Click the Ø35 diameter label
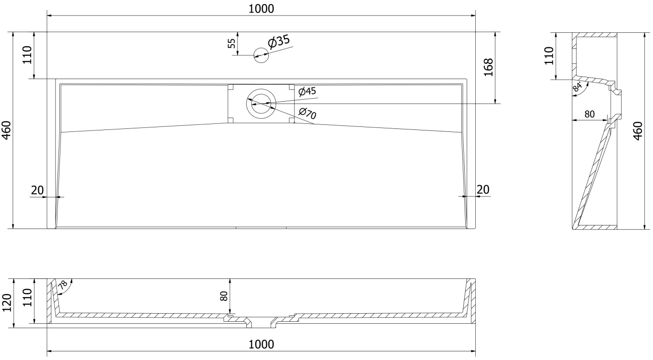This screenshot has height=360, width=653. (x=279, y=41)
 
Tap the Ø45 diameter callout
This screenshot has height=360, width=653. (x=307, y=91)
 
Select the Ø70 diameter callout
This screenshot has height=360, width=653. (x=308, y=113)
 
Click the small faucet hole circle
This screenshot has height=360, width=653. (x=261, y=55)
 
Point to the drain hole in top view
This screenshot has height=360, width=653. (x=261, y=104)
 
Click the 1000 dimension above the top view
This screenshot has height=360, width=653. (x=261, y=9)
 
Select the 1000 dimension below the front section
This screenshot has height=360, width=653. (x=261, y=344)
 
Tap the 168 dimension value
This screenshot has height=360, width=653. (x=488, y=67)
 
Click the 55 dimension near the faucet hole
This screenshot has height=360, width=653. (x=232, y=43)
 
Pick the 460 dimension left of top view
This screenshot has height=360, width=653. (x=7, y=130)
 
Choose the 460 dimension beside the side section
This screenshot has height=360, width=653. (x=638, y=131)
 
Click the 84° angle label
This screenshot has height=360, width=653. (x=577, y=87)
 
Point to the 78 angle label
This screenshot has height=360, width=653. (x=63, y=284)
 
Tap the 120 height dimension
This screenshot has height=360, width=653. (x=7, y=303)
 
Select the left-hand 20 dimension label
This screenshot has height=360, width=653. (x=37, y=190)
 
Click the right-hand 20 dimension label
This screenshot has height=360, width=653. (x=483, y=190)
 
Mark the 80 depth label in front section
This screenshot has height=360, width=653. (x=224, y=296)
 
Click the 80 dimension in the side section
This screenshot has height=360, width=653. (x=590, y=114)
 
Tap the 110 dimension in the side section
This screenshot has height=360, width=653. (x=549, y=55)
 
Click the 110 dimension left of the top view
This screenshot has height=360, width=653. (x=27, y=54)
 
